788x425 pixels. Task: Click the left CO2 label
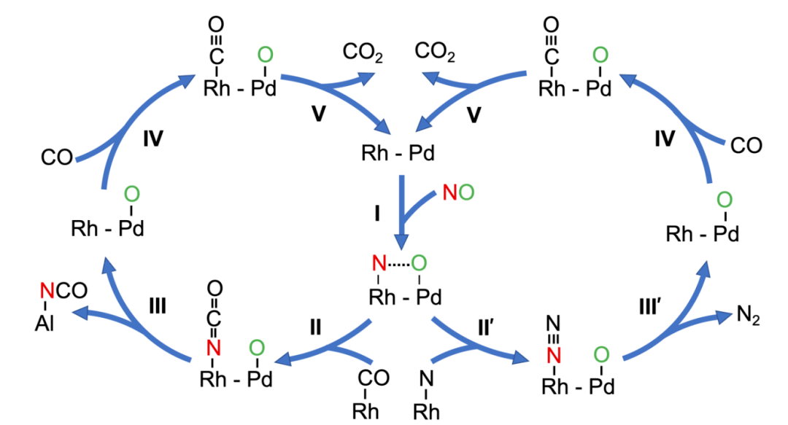(363, 52)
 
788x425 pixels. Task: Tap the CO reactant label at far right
(746, 147)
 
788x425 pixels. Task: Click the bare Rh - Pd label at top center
(396, 155)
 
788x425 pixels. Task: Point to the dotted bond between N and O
(398, 262)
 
